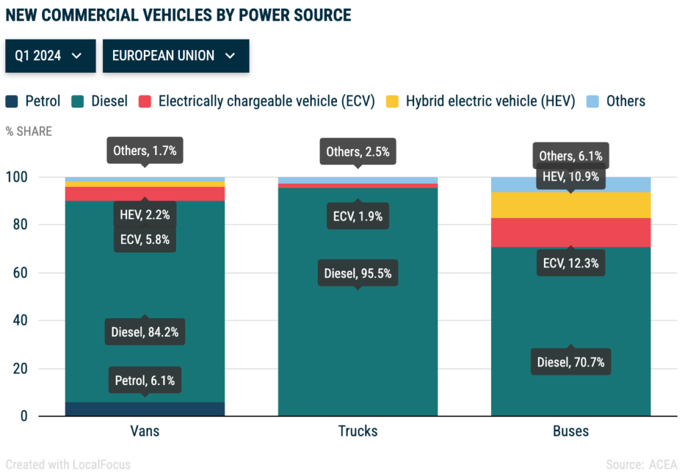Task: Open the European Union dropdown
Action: tap(175, 55)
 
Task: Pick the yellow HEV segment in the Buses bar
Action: tap(571, 205)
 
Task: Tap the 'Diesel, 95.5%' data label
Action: tap(358, 273)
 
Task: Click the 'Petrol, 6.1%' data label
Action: tap(145, 381)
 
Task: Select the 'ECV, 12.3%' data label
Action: tap(571, 263)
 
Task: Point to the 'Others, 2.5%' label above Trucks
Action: tap(358, 152)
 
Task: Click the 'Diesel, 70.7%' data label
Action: tap(571, 363)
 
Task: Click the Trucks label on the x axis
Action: tap(358, 431)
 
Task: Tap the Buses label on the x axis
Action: tap(571, 431)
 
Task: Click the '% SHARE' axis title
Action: tap(29, 131)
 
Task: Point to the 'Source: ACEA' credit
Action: tap(641, 465)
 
